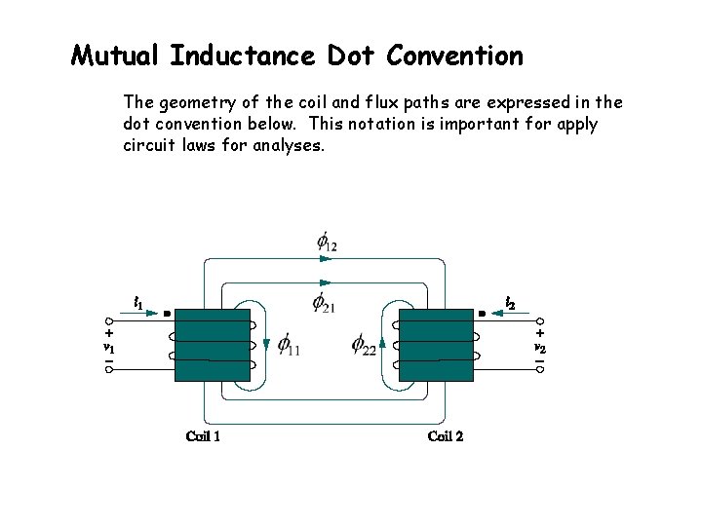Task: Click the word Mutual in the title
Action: pos(116,56)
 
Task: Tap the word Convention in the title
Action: pos(454,56)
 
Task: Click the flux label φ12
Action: pos(326,242)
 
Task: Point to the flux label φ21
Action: pos(324,303)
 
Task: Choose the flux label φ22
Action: pos(364,344)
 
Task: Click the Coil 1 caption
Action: pos(203,435)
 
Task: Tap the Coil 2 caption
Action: pos(446,435)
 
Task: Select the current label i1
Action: pos(138,303)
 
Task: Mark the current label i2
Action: pos(510,304)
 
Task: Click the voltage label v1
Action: pos(109,347)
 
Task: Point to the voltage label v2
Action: pos(539,347)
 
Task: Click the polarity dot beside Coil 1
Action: pos(166,314)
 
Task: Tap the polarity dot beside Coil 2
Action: pos(483,314)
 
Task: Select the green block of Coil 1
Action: pos(212,346)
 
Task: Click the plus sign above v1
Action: pos(109,332)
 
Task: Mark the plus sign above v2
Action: pos(539,332)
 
